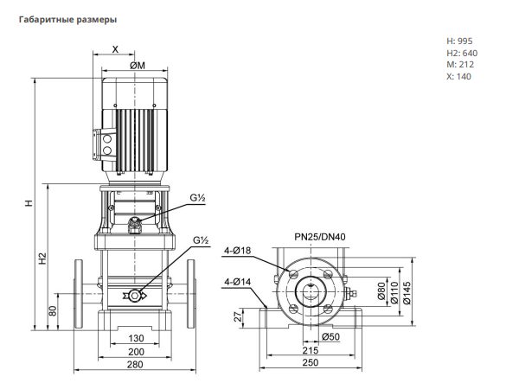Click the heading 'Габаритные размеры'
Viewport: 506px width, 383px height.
tap(67, 20)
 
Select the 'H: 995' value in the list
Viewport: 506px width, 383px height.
tap(459, 41)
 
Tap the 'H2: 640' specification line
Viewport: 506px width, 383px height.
tap(462, 53)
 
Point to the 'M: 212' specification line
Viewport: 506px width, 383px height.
tap(460, 65)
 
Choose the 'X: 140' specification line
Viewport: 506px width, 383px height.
tap(459, 76)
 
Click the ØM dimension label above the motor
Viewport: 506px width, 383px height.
tap(138, 66)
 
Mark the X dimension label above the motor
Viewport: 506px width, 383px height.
tap(115, 49)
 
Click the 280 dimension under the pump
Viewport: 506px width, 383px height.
tap(135, 365)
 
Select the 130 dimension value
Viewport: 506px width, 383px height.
tap(136, 338)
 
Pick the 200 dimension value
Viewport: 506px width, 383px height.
tap(136, 352)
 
